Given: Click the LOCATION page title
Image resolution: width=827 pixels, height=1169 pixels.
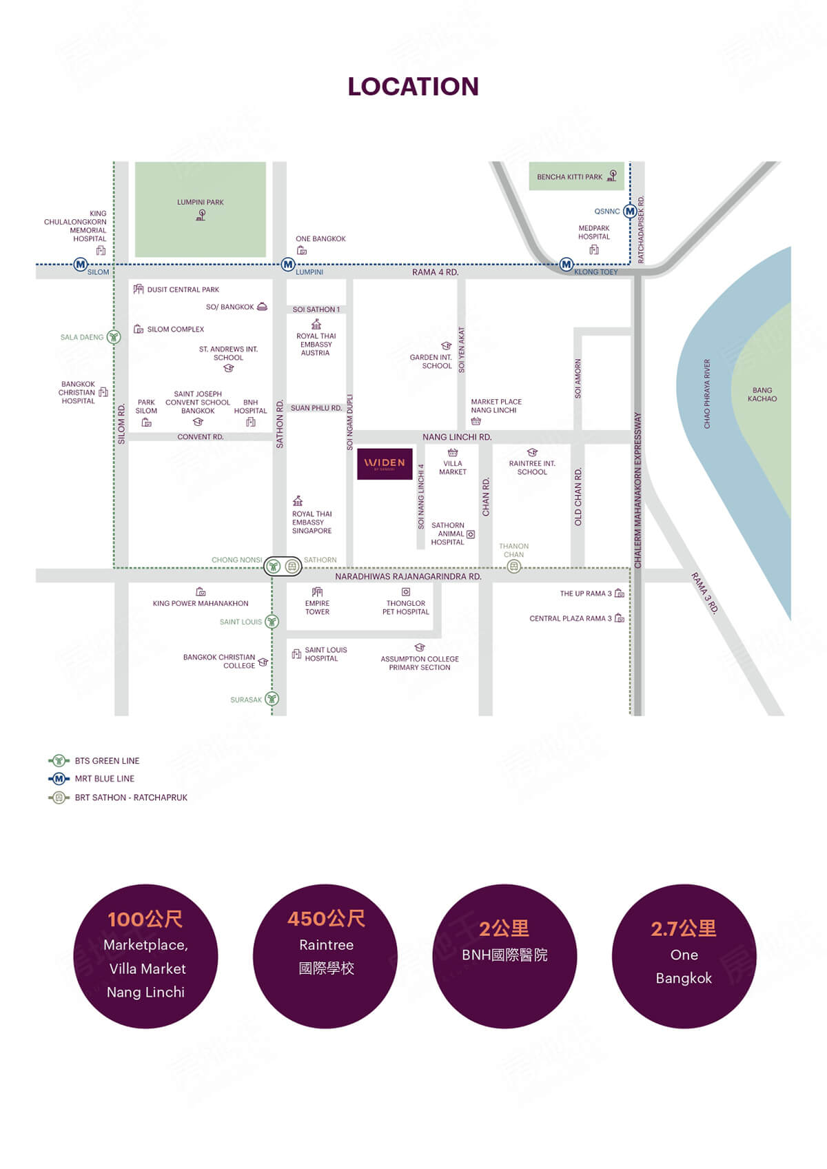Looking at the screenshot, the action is [413, 87].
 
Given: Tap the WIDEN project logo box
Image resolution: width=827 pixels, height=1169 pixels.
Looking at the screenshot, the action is [385, 463].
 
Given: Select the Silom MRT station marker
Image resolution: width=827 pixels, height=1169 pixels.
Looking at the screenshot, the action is [81, 265].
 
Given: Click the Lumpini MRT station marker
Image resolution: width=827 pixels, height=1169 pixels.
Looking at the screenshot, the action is [288, 265].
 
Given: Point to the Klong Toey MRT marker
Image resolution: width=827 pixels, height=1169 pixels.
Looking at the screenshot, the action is [566, 265].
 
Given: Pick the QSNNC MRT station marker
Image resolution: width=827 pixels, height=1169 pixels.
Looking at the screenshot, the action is [631, 212].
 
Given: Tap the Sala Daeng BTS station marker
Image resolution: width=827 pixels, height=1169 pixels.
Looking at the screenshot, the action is [114, 337].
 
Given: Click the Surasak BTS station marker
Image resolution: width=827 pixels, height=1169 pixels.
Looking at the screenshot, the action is [272, 699].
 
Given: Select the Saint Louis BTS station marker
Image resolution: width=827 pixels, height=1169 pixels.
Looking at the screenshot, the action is [272, 622].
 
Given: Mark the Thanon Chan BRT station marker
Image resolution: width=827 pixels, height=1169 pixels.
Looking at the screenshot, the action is [514, 566].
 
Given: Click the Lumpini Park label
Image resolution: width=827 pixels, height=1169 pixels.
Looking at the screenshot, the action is [201, 203].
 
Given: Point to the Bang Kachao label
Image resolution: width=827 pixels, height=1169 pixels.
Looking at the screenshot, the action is [762, 394].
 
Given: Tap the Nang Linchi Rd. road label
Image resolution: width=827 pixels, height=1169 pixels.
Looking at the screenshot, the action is [457, 437].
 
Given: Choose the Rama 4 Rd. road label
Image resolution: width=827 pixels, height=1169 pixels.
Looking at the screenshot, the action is [435, 272].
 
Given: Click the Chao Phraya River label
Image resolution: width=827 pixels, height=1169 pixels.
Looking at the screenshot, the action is [707, 394].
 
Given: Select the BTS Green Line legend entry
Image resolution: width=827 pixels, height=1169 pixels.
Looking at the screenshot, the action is [94, 761].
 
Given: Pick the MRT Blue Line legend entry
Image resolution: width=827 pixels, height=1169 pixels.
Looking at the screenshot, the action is [91, 779].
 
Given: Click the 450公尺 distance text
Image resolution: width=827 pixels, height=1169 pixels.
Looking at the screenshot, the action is [326, 919].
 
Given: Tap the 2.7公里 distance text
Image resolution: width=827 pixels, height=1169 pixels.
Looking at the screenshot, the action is [684, 928].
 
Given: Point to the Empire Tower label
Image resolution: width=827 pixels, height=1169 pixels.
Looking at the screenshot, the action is [317, 607].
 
